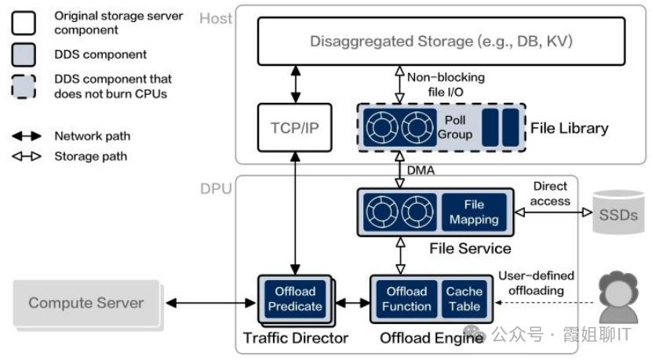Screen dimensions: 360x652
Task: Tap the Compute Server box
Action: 86,303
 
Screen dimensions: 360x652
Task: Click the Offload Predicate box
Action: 295,299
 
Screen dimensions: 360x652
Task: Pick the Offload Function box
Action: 406,299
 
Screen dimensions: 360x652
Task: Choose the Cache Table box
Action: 464,299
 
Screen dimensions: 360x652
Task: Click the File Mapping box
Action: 473,212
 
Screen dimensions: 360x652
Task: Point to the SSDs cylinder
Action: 617,213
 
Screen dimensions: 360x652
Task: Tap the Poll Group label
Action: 455,127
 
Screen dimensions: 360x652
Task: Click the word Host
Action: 216,18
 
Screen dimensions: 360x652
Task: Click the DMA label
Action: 421,170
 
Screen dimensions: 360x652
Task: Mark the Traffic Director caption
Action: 296,338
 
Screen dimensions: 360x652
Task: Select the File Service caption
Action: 470,249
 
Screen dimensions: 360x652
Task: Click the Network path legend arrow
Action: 27,136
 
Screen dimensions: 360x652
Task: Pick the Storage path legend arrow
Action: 27,156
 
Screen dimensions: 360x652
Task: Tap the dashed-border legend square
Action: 24,85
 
